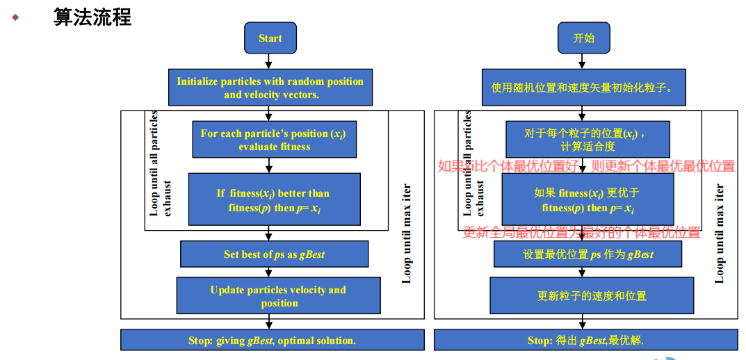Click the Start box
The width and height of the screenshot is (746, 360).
pyautogui.click(x=270, y=38)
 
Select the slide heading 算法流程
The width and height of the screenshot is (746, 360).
pyautogui.click(x=92, y=17)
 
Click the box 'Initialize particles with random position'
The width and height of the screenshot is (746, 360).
pyautogui.click(x=270, y=88)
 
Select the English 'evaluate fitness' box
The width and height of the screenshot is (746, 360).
pyautogui.click(x=274, y=140)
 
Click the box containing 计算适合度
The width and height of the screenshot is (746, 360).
pyautogui.click(x=587, y=140)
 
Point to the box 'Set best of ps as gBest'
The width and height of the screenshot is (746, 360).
pyautogui.click(x=274, y=254)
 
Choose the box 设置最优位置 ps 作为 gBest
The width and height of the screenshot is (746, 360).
pyautogui.click(x=587, y=254)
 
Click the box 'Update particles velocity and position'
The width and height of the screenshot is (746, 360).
pyautogui.click(x=278, y=296)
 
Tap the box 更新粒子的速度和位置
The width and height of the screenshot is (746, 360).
pyautogui.click(x=592, y=296)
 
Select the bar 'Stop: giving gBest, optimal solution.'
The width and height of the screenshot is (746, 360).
pyautogui.click(x=272, y=341)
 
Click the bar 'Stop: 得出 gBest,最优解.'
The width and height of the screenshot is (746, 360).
pyautogui.click(x=585, y=341)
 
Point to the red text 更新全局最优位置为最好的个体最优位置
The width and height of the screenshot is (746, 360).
pyautogui.click(x=581, y=233)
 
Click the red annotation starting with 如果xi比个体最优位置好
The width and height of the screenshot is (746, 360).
pyautogui.click(x=585, y=166)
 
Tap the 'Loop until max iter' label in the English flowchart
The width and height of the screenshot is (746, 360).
pyautogui.click(x=407, y=234)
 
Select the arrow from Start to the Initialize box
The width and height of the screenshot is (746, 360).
pyautogui.click(x=270, y=61)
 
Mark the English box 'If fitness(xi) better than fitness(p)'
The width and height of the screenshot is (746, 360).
pyautogui.click(x=274, y=199)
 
